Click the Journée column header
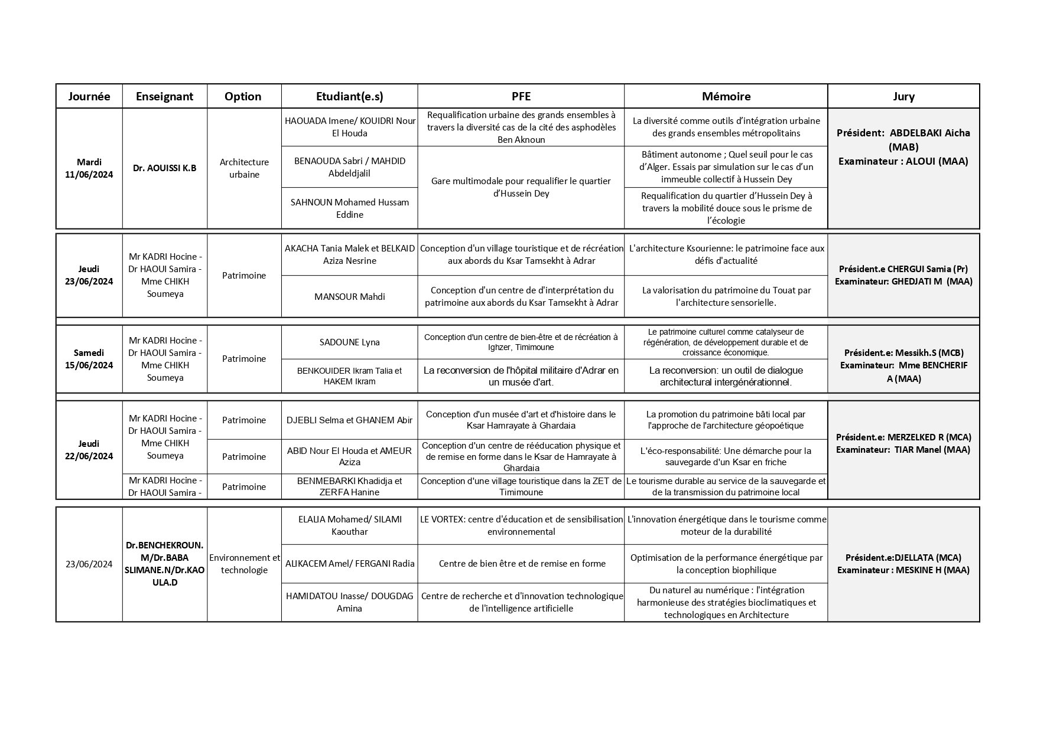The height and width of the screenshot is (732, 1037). pos(89,96)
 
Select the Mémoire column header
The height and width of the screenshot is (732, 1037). pos(726,96)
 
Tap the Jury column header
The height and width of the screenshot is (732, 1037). pos(903,96)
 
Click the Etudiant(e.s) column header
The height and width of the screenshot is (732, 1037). pos(349,96)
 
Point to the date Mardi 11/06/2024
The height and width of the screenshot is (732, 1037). pos(89,168)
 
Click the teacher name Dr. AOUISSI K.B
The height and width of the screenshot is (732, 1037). pos(164,168)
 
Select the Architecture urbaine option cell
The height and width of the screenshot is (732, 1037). pos(244,168)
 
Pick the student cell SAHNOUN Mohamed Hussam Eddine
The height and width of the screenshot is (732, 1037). pos(349,208)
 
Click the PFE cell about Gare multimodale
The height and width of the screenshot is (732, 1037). pos(521,187)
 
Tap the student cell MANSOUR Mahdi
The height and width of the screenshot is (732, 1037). pos(349,296)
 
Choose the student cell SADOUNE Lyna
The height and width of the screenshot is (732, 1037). pos(349,342)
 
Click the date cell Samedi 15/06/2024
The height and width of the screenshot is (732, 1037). pos(89,359)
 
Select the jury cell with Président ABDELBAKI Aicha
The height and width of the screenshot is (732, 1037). pos(903,147)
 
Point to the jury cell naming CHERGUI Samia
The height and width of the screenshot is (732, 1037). pos(903,275)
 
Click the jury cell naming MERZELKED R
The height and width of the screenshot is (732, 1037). pos(903,443)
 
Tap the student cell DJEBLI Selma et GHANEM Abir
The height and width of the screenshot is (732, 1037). pos(349,420)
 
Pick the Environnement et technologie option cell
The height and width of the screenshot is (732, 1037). pos(244,564)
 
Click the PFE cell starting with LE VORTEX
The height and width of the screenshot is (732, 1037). pos(521,525)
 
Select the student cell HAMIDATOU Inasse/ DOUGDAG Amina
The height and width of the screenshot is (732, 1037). pos(349,602)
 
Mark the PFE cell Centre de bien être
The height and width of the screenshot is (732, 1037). pos(521,564)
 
